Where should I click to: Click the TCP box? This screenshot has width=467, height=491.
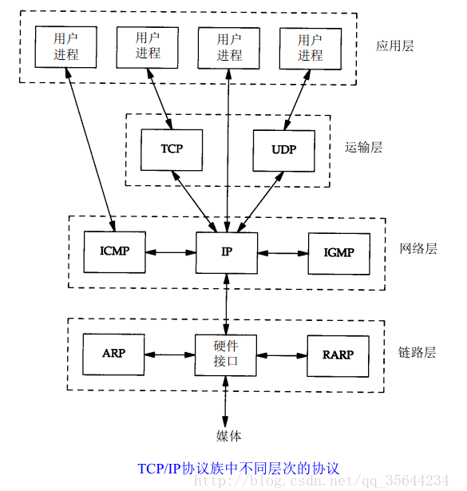pyautogui.click(x=172, y=149)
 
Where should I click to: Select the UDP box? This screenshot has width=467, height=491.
pyautogui.click(x=283, y=149)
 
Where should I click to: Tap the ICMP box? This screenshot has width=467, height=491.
pyautogui.click(x=115, y=252)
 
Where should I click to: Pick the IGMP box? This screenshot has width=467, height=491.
pyautogui.click(x=338, y=252)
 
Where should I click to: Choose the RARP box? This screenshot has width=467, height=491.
pyautogui.click(x=338, y=354)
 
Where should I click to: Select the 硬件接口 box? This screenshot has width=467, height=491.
pyautogui.click(x=227, y=354)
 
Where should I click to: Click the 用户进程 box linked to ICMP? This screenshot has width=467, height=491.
pyautogui.click(x=66, y=46)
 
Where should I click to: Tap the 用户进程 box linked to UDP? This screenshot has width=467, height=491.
pyautogui.click(x=310, y=46)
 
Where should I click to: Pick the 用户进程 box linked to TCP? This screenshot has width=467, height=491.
pyautogui.click(x=148, y=46)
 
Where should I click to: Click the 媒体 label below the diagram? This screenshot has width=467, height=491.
pyautogui.click(x=228, y=436)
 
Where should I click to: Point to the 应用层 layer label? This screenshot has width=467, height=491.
pyautogui.click(x=395, y=46)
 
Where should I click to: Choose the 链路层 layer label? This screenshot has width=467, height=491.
pyautogui.click(x=418, y=352)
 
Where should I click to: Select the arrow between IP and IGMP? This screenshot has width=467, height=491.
pyautogui.click(x=283, y=252)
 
